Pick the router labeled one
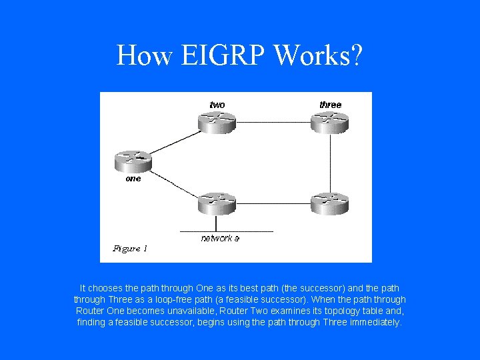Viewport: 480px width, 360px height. pos(133,161)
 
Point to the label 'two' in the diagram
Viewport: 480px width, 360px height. pos(217,105)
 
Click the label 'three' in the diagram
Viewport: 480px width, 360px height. pos(330,105)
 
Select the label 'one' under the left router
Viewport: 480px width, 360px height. pos(133,179)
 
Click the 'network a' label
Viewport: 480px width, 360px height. pos(220,238)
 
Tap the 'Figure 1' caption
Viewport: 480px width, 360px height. pos(130,249)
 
